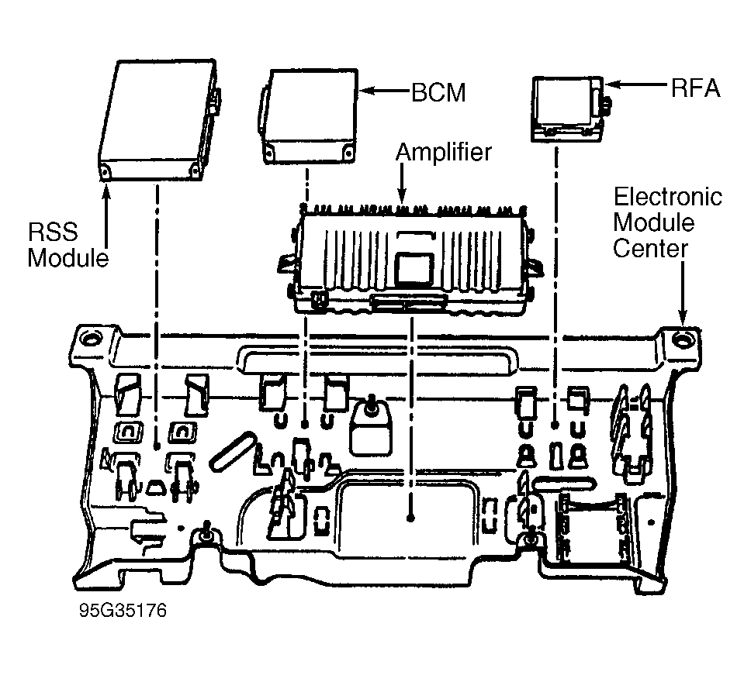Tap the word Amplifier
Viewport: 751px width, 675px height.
point(443,153)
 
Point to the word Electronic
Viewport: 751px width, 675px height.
point(667,197)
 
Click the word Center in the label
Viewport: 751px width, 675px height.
point(650,250)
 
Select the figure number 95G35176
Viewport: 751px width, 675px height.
point(122,611)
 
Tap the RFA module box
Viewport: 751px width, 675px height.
point(566,108)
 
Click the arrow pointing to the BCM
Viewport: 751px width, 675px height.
point(383,92)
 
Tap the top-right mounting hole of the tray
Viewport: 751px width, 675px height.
point(684,339)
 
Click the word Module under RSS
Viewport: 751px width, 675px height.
point(69,258)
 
